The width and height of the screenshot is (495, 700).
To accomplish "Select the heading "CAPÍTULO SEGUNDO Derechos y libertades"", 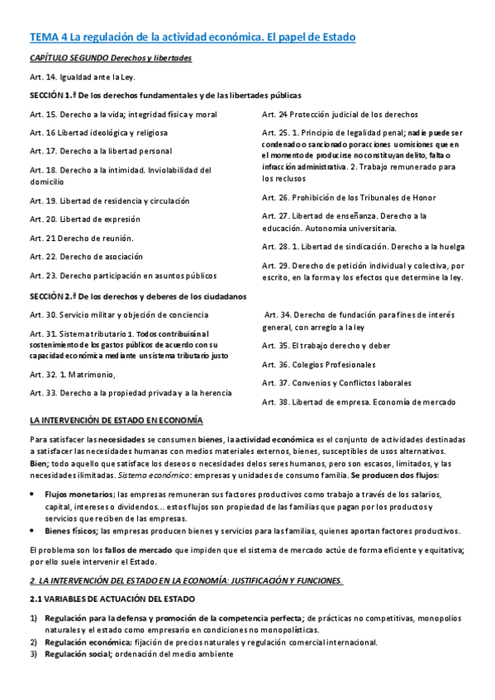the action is [110, 58].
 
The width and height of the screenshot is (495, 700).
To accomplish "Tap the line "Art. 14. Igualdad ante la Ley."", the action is [82, 77].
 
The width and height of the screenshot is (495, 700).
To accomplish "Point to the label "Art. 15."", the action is [43, 114].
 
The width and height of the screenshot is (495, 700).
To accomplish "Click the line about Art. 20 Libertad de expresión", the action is [85, 220].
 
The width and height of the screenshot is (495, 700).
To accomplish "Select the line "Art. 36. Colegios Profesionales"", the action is [318, 364].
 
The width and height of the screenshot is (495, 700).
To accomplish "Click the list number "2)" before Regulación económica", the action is [34, 642].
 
